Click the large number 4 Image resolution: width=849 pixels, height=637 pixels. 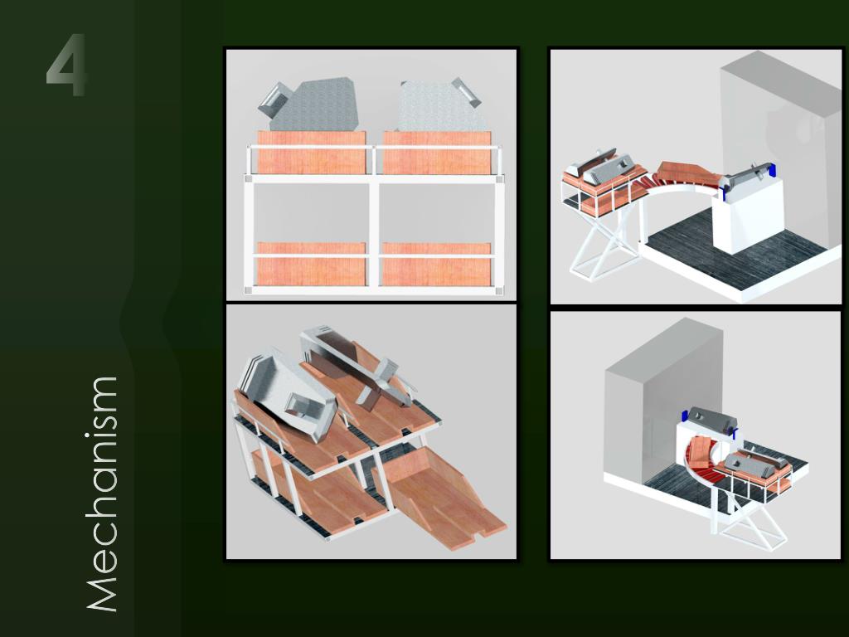click(66, 65)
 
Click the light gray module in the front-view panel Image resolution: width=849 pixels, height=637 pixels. click(439, 105)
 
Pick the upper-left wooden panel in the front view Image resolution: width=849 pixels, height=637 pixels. click(312, 153)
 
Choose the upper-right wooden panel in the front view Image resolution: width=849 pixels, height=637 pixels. click(437, 153)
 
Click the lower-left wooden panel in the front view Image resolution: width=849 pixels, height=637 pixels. click(312, 264)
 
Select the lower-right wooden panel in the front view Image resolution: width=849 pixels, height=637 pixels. click(436, 264)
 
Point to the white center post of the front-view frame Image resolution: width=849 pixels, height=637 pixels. click(374, 233)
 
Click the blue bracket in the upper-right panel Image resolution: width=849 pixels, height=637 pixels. click(772, 169)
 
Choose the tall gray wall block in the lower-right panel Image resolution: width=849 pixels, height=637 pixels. click(663, 401)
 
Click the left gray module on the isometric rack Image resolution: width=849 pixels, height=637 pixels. click(287, 392)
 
